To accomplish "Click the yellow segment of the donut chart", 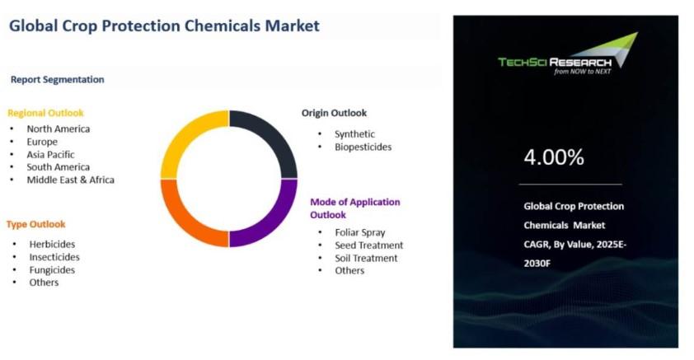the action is tap(182, 133).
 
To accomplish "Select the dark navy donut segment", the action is tap(275, 133).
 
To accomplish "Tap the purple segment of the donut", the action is tap(275, 225).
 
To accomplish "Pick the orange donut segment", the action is tap(182, 225).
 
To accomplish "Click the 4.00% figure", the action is tap(554, 157).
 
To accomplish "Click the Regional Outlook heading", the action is tap(45, 113).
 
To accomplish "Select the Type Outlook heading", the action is tap(35, 224).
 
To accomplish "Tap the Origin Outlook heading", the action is tap(334, 113).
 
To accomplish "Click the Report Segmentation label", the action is tap(58, 80).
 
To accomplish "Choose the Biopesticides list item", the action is tap(363, 147).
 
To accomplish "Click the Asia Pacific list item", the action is tap(50, 154).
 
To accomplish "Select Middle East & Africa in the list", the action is tap(70, 180).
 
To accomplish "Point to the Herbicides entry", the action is tap(52, 244).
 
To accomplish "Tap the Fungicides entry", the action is tap(52, 269).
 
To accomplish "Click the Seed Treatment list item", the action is tap(369, 245).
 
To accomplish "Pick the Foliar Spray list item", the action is tap(360, 232).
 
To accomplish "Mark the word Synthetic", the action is tap(354, 134).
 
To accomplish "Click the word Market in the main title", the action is tap(292, 26).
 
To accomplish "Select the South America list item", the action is tap(58, 166).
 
